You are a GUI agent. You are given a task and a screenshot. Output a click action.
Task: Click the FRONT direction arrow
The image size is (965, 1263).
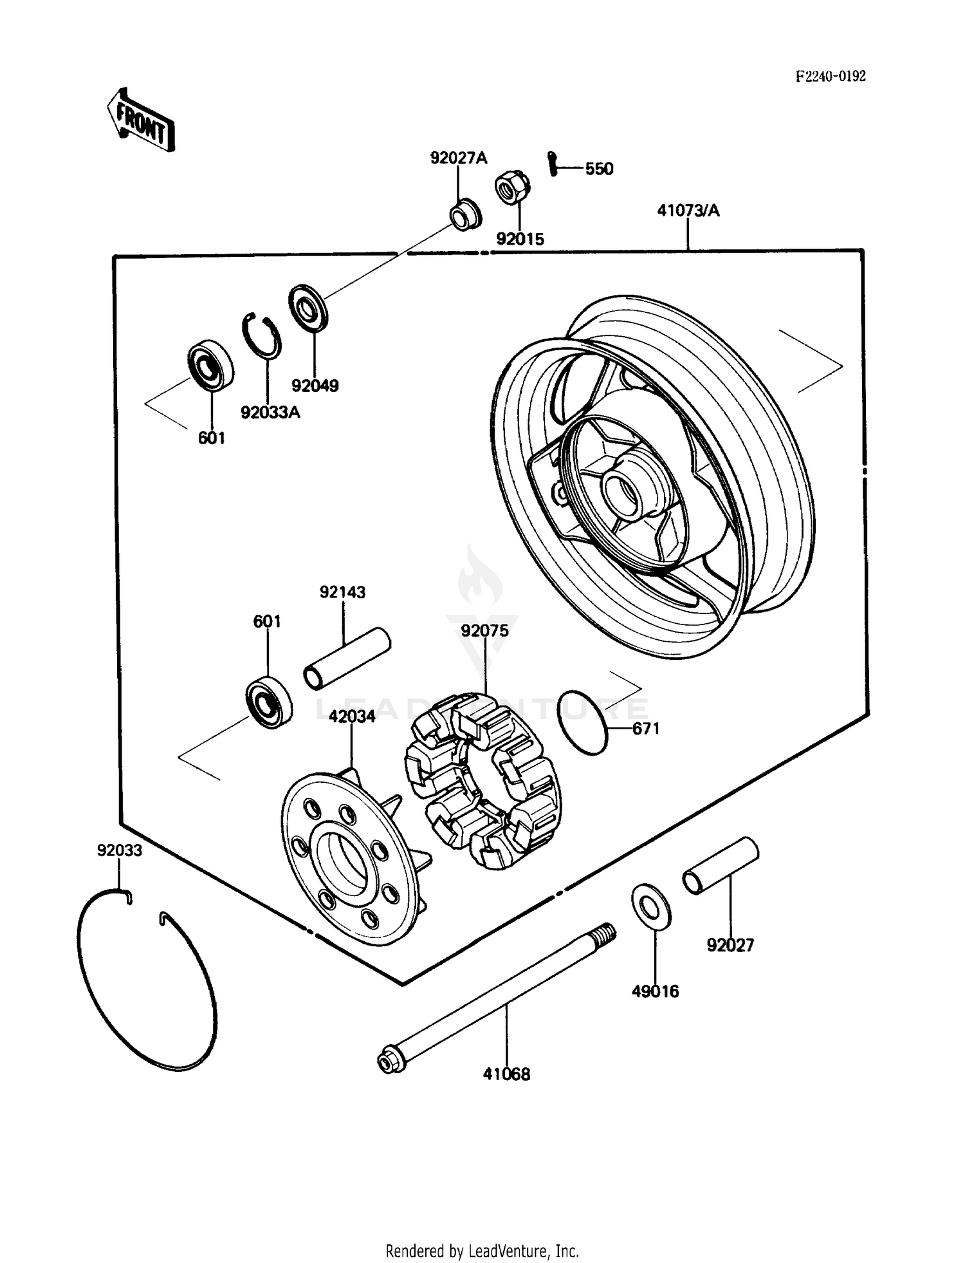141,121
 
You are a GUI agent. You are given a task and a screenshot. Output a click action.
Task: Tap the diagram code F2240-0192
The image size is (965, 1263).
831,77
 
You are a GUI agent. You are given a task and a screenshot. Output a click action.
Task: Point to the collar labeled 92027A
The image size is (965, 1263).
464,215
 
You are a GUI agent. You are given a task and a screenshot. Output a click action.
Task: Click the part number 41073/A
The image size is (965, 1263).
688,210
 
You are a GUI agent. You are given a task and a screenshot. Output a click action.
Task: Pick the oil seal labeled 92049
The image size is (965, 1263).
308,308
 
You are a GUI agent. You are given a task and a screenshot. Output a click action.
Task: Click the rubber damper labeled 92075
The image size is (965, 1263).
482,780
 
